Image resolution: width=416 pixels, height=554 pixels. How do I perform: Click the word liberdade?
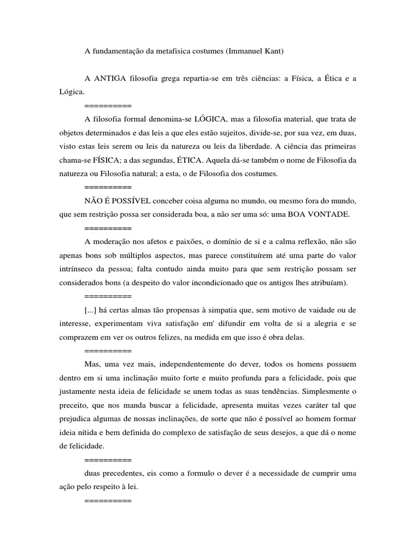tap(285, 147)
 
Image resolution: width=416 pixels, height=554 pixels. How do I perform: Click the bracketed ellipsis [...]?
tap(92, 311)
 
